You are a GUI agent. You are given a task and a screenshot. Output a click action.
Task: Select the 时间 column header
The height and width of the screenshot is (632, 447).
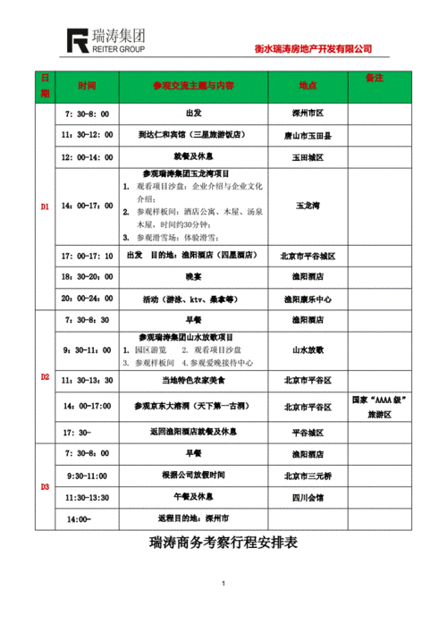(x=87, y=86)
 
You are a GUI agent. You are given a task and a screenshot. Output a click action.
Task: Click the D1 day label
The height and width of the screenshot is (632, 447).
(x=45, y=207)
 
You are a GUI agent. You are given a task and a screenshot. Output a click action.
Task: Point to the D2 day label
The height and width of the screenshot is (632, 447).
(x=45, y=377)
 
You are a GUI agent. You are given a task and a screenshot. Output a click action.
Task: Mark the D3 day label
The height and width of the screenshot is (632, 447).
(x=45, y=486)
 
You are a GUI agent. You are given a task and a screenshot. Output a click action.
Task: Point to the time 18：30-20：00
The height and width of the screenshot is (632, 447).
(x=87, y=277)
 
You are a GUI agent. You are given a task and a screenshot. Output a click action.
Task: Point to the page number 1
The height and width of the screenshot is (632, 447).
(x=223, y=585)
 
